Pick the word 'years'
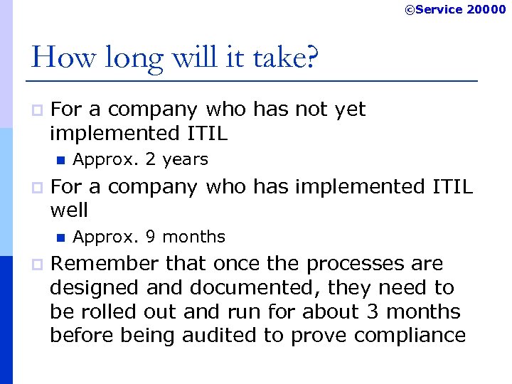tap(185, 160)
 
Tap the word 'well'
tap(69, 210)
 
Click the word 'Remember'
tap(105, 264)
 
